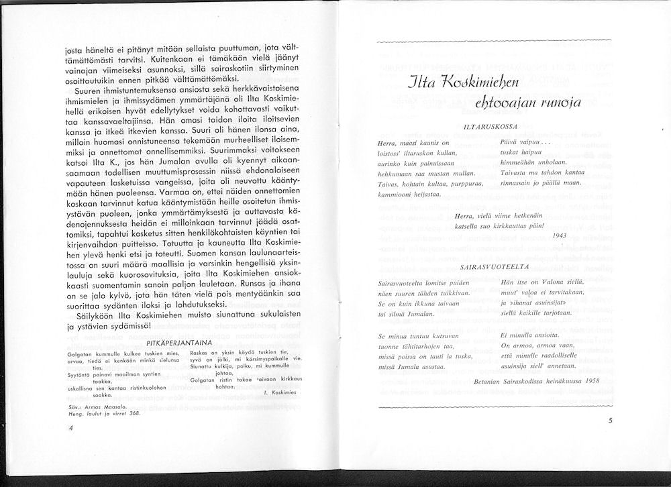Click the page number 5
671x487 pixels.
pos(610,421)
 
